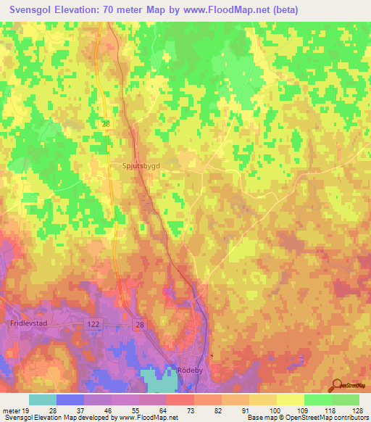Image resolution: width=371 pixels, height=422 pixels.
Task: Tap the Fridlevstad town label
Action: (28, 326)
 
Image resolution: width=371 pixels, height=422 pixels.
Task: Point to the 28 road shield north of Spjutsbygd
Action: (106, 125)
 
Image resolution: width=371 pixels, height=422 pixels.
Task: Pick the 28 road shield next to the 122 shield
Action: (139, 326)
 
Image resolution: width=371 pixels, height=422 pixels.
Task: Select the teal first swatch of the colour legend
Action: (43, 400)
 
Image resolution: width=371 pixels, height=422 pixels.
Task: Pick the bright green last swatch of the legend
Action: (345, 400)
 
